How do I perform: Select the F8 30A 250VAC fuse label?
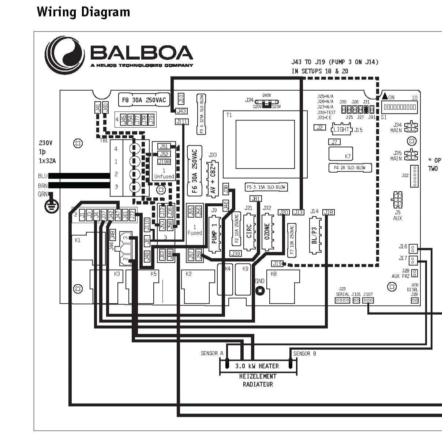[x=144, y=100]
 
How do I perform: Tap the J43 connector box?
[x=181, y=111]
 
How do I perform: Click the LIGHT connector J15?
[x=341, y=130]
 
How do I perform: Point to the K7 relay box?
[x=341, y=154]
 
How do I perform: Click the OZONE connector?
[x=267, y=232]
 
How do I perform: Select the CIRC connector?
[x=249, y=232]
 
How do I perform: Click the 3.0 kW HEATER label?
[x=257, y=366]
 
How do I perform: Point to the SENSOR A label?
[x=212, y=353]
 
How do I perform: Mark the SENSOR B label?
[x=304, y=353]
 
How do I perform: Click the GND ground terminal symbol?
[x=260, y=291]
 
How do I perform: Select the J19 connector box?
[x=277, y=263]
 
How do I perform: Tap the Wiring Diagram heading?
[x=83, y=12]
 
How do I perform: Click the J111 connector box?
[x=181, y=122]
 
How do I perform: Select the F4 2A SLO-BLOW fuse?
[x=350, y=168]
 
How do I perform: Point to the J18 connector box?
[x=329, y=212]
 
